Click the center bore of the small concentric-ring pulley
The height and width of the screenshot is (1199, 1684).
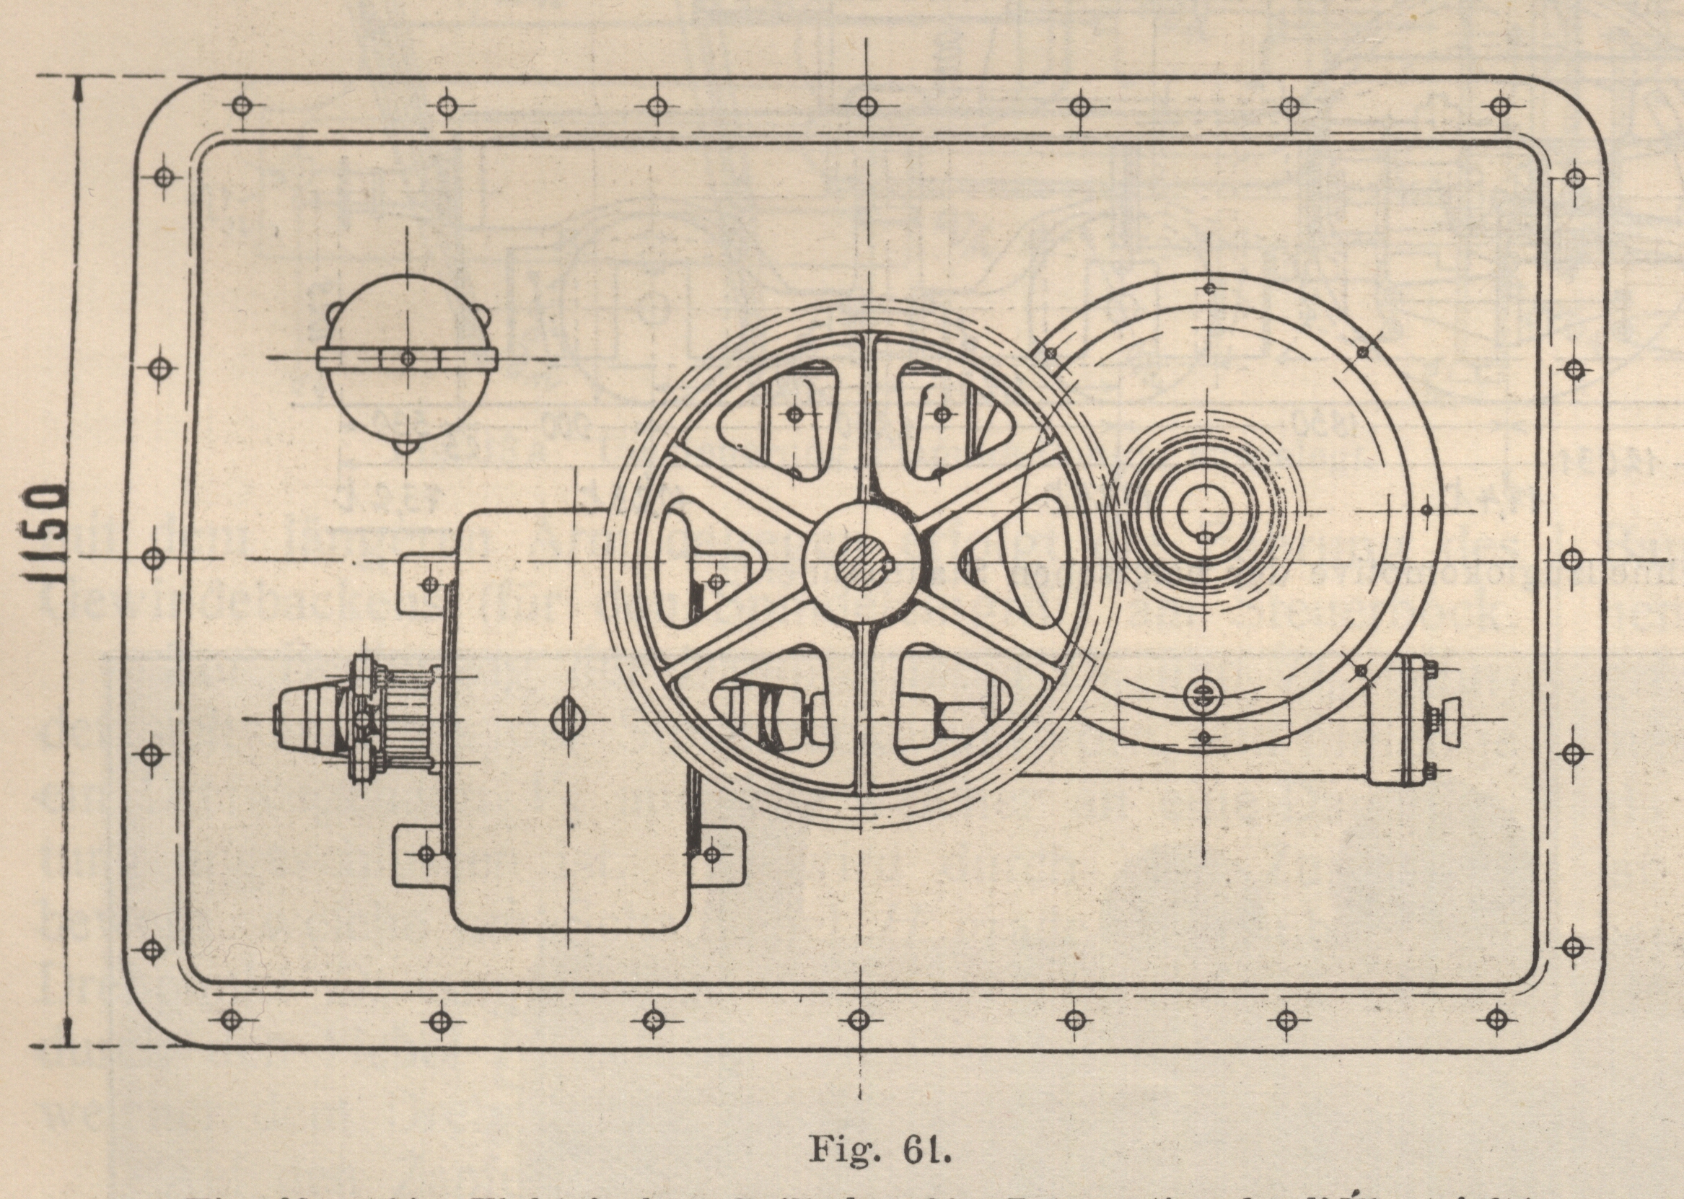(x=1203, y=509)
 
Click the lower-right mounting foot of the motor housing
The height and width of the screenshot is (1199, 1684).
(x=714, y=855)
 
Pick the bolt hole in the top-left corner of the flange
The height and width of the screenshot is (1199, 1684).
(x=240, y=105)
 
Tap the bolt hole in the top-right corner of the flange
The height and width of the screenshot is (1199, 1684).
(x=1499, y=105)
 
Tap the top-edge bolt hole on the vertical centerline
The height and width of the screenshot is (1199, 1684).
(x=867, y=106)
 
